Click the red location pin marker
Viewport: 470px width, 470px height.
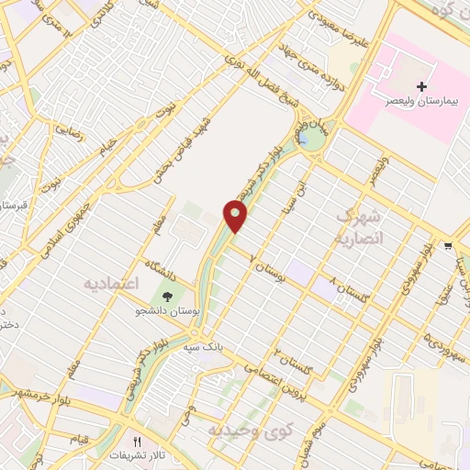pos(236,217)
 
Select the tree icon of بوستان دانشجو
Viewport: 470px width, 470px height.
pos(168,296)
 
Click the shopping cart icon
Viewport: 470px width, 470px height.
pos(447,245)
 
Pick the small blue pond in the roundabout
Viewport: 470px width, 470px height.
pos(302,139)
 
